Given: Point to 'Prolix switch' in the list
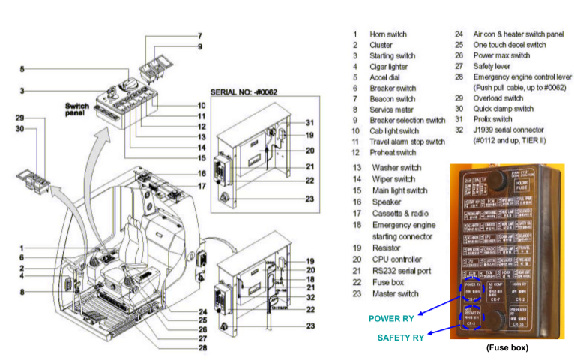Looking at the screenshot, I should click(494, 119).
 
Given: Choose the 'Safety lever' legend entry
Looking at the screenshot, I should click(495, 66).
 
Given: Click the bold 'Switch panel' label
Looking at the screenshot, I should click(77, 109).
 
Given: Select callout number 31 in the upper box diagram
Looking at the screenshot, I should click(310, 123).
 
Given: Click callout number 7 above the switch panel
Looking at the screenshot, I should click(199, 35).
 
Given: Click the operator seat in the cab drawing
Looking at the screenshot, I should click(134, 247).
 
